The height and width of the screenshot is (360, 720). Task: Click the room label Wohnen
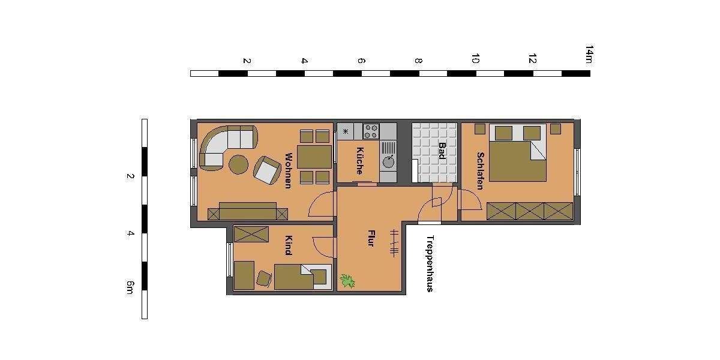tap(288, 170)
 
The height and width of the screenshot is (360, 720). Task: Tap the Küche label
tap(359, 160)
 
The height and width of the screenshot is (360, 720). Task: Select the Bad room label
tap(442, 151)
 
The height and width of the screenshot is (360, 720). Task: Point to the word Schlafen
tap(480, 170)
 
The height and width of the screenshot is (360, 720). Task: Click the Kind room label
tap(288, 245)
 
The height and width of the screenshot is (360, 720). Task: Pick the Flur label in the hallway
tap(370, 238)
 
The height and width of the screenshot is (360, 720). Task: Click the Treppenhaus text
tap(430, 263)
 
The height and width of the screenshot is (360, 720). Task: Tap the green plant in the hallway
tap(347, 280)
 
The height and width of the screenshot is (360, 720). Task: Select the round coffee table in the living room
tap(239, 164)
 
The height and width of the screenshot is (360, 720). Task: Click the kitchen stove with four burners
tap(371, 131)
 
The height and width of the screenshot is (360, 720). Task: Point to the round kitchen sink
tap(388, 161)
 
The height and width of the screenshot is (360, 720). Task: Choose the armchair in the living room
tap(266, 170)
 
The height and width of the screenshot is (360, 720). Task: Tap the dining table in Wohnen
tap(314, 157)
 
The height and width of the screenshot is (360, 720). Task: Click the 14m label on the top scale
tap(589, 53)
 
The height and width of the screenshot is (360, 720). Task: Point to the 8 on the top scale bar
tap(418, 61)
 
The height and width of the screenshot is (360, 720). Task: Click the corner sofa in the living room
tap(227, 145)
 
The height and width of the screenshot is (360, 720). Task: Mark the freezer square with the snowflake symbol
tap(345, 131)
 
